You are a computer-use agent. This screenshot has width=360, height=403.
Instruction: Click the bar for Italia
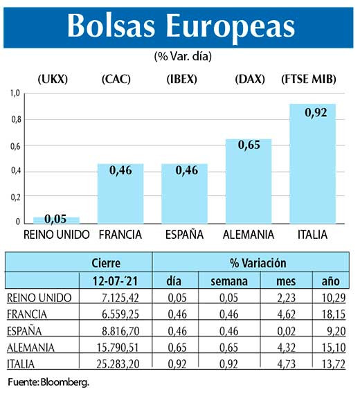click(x=312, y=163)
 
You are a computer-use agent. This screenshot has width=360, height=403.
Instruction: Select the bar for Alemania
click(x=249, y=181)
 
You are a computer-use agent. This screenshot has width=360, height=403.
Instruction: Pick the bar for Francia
click(x=120, y=193)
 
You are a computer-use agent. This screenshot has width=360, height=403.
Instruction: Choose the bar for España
click(x=184, y=193)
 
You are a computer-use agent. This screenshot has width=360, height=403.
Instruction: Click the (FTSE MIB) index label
click(x=309, y=79)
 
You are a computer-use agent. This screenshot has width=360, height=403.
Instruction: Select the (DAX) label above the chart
click(x=250, y=79)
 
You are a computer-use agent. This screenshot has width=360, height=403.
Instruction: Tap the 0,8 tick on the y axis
click(x=15, y=119)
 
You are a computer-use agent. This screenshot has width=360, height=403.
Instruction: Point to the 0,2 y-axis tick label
click(x=15, y=197)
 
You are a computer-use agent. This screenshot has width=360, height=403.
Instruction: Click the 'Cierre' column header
click(x=106, y=263)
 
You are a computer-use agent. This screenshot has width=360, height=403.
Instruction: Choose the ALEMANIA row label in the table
click(x=34, y=347)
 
